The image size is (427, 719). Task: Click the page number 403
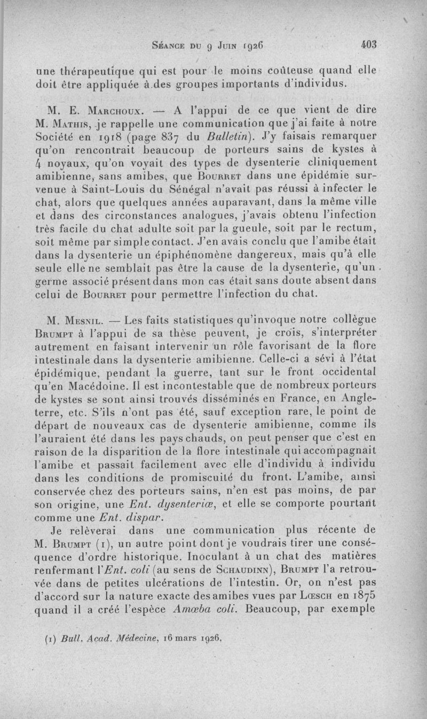click(369, 45)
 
